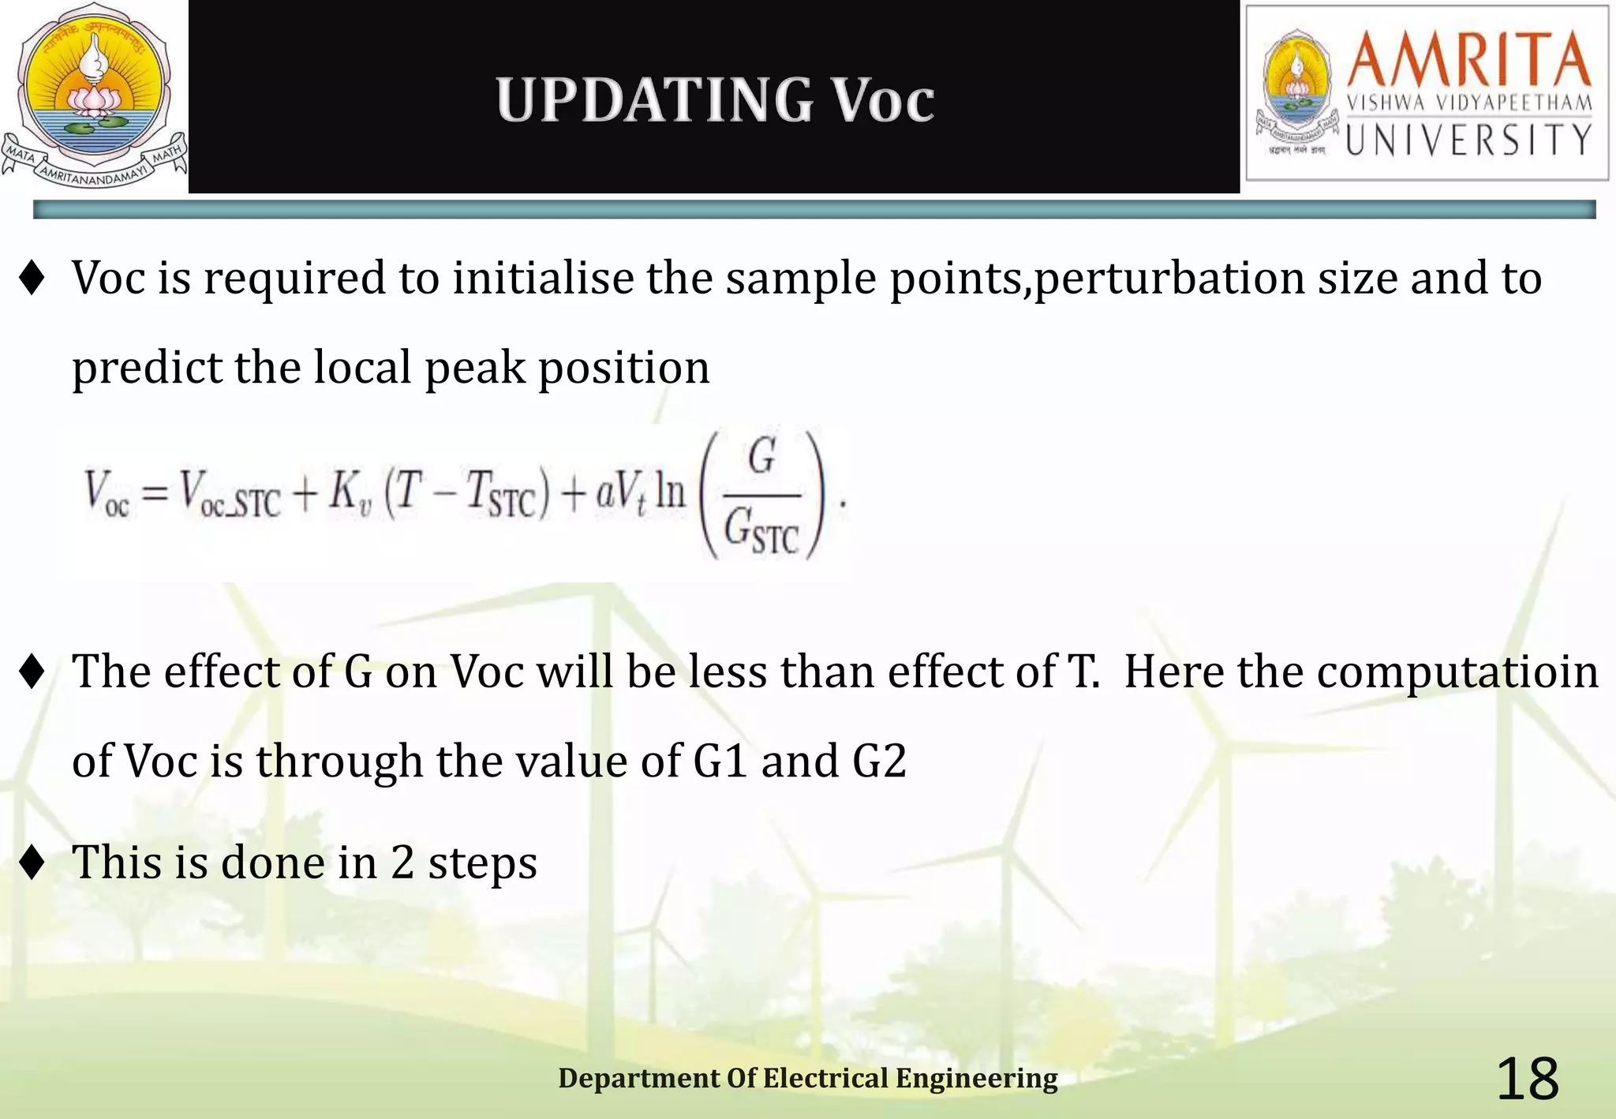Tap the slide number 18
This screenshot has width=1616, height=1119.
click(1527, 1080)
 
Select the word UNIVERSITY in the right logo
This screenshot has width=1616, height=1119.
click(1468, 140)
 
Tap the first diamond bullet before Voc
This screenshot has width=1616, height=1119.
click(32, 279)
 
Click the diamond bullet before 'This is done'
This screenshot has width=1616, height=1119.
click(32, 863)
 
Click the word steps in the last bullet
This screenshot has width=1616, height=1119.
click(482, 863)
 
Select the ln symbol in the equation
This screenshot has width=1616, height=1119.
click(670, 492)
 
